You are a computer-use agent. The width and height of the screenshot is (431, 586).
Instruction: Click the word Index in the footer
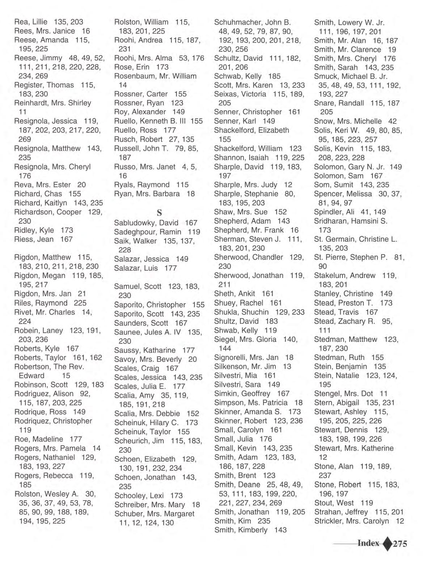point(368,543)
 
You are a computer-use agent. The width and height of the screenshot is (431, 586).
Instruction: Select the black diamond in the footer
point(387,544)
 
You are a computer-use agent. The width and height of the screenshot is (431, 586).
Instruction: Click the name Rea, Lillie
point(31,22)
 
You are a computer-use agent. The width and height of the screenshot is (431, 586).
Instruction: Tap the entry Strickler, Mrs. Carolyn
point(351,521)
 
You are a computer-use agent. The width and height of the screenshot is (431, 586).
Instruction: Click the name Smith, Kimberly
point(241,530)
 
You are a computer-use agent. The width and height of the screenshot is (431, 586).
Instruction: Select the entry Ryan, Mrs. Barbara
point(147,194)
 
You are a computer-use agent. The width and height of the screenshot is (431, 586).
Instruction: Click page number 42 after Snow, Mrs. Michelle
point(392,121)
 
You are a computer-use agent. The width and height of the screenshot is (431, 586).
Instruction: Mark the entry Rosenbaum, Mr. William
point(155,76)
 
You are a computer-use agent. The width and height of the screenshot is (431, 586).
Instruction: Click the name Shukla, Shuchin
point(241,312)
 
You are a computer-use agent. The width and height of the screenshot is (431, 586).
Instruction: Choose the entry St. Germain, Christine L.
point(355,239)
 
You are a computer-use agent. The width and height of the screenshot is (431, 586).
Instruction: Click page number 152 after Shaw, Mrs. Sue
point(280,212)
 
